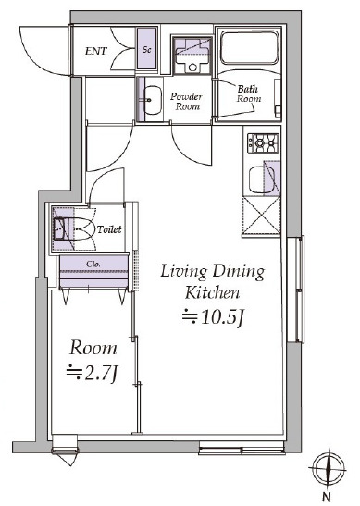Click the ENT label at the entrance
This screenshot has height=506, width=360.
click(x=96, y=52)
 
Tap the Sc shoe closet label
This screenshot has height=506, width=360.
click(x=146, y=51)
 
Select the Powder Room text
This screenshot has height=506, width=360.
click(x=189, y=101)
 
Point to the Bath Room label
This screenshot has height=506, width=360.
click(x=248, y=93)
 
